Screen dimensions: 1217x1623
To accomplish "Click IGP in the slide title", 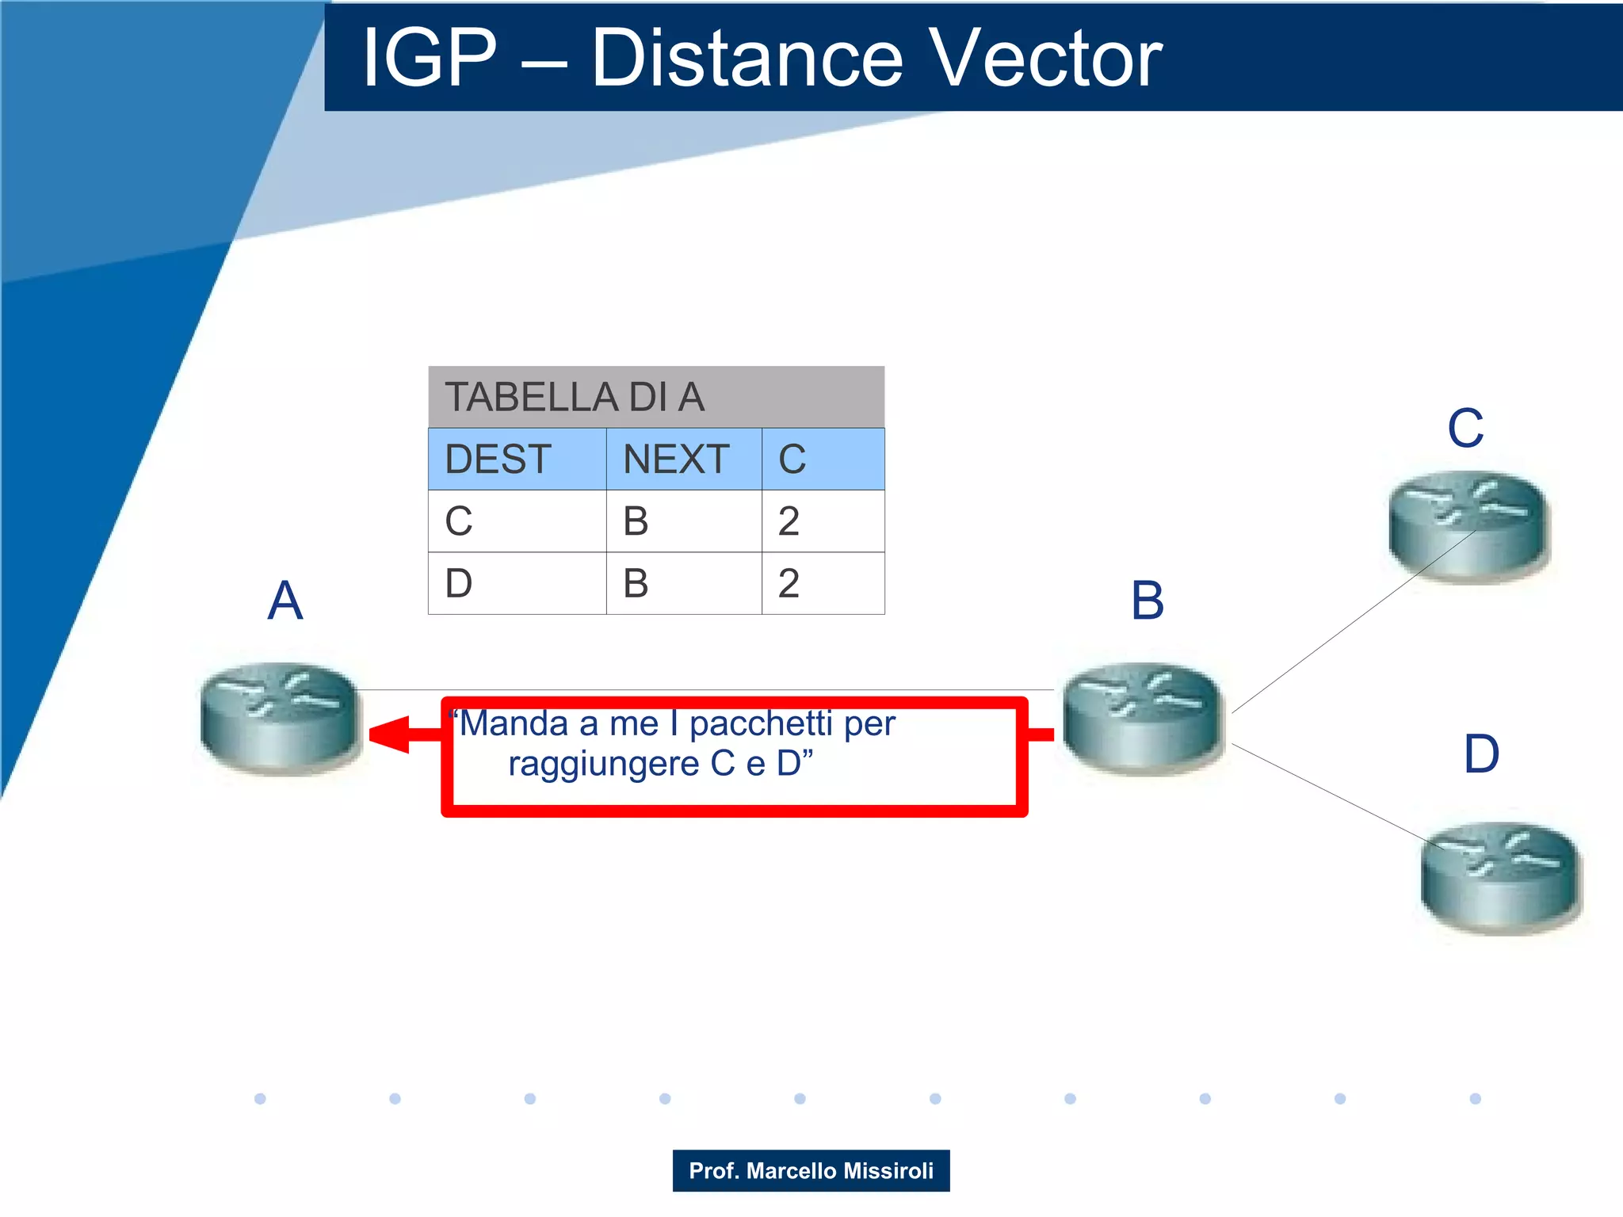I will click(x=429, y=59).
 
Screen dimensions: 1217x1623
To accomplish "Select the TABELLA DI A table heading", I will click(x=575, y=397).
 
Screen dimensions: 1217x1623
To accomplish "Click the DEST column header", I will click(x=498, y=460).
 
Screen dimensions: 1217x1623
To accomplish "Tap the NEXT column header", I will click(x=676, y=460).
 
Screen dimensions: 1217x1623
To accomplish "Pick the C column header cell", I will click(x=792, y=460).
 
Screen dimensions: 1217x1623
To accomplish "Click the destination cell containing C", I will click(x=460, y=521).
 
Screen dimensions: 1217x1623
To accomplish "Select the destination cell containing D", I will click(x=460, y=584).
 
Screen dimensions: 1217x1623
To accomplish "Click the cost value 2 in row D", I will click(x=789, y=584).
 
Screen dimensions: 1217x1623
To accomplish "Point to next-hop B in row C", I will click(x=636, y=521).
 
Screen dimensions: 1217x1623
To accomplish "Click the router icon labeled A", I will click(x=279, y=717).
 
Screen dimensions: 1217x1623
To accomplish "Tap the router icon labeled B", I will click(x=1142, y=717).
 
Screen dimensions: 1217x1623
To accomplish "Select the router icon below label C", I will click(x=1468, y=526).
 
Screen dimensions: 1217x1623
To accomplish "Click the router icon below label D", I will click(x=1500, y=877).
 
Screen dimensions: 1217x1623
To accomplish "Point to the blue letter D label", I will click(x=1481, y=753).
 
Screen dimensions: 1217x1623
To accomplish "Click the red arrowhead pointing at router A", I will click(x=390, y=734).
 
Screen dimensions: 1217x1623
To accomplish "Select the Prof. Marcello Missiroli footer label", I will click(x=811, y=1170).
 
